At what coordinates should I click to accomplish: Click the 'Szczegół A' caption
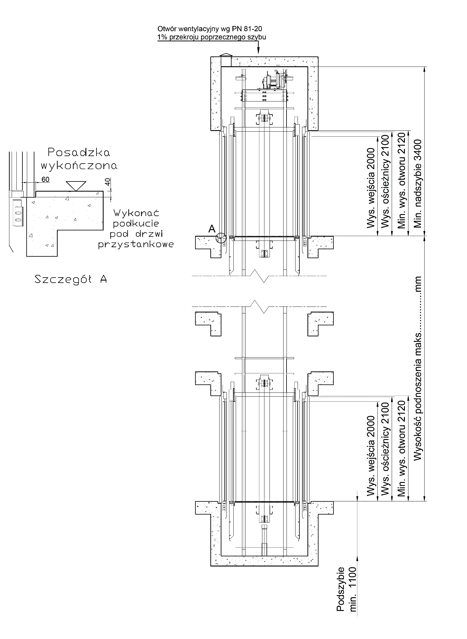pos(71,279)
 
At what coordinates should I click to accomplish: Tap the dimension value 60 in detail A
pos(45,179)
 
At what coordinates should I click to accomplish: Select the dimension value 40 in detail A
pos(108,181)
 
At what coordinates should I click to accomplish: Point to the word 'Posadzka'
pos(79,153)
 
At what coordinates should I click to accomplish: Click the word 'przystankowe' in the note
pos(136,244)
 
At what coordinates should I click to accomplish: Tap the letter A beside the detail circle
pos(212,229)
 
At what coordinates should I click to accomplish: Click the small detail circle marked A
pos(222,238)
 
